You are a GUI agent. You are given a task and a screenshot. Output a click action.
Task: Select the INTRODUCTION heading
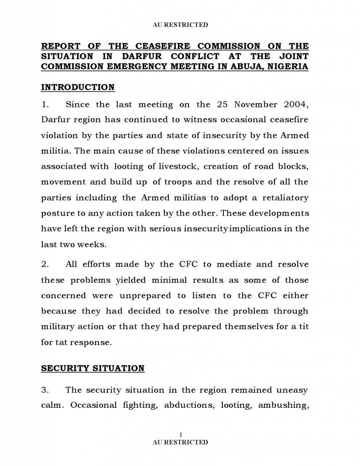coord(78,87)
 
